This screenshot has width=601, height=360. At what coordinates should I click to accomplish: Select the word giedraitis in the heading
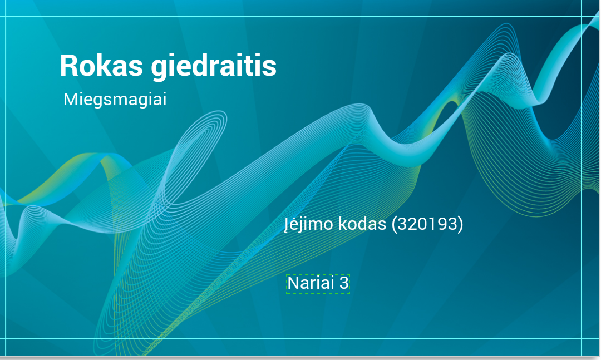[214, 68]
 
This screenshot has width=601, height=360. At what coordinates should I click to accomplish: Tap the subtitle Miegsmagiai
[115, 100]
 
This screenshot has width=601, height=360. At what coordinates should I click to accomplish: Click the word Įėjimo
[309, 224]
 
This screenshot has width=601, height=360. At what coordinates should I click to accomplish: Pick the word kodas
[362, 224]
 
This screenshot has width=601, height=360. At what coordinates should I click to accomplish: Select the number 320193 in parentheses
[427, 224]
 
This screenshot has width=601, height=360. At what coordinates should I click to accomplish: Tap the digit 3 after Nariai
[344, 283]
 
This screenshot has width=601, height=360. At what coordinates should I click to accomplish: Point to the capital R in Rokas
[68, 66]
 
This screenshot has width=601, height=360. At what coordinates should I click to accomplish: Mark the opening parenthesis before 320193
[395, 224]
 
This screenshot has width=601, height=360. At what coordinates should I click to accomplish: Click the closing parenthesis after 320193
[460, 224]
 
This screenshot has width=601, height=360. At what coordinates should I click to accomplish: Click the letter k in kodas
[343, 224]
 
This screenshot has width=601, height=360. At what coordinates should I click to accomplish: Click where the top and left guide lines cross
[6, 17]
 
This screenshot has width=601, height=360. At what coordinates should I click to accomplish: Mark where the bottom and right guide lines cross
[582, 338]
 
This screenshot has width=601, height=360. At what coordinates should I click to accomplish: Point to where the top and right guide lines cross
[582, 17]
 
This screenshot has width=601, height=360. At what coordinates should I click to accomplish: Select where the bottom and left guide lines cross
[6, 338]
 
